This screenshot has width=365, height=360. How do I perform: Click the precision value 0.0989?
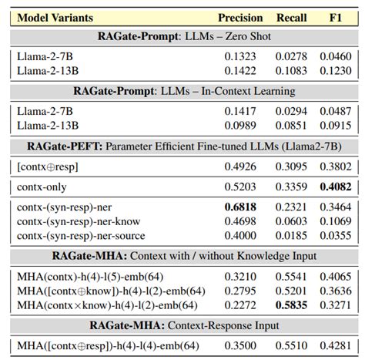240,124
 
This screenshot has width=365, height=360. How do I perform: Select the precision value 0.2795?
240,291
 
